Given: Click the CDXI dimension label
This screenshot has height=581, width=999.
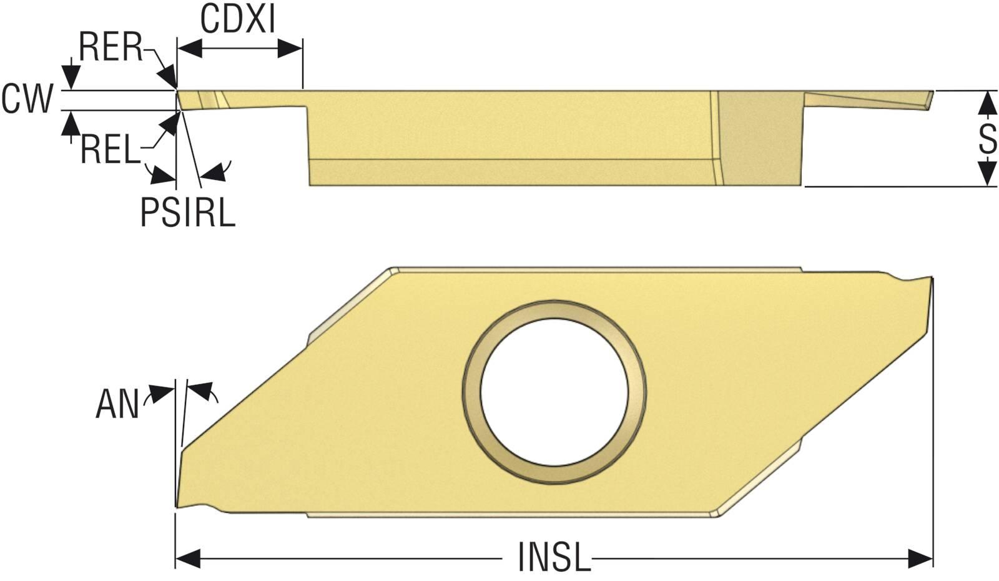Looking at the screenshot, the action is coord(238,19).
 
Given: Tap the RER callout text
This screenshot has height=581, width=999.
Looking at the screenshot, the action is coord(111,47).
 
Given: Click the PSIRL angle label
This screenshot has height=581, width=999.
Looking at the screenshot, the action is coord(188,213).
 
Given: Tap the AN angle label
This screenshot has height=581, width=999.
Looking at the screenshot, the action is coord(118,404).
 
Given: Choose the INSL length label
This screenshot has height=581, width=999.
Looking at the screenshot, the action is coord(554,557).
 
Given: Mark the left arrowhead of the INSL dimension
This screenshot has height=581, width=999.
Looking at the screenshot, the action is coord(188,559).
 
